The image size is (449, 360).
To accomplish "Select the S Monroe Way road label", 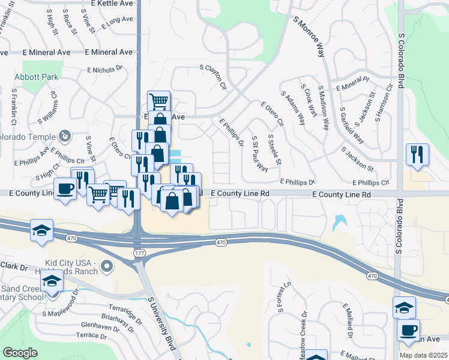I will [310, 37].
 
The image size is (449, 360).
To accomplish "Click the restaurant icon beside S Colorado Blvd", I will [417, 154].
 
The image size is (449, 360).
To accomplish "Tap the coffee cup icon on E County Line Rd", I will [65, 188].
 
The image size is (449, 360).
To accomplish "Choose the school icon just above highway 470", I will [41, 231].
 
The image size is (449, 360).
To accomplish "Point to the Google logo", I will [20, 353].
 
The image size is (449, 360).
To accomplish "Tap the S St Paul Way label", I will [259, 154].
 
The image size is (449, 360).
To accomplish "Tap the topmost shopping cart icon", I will [158, 101].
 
